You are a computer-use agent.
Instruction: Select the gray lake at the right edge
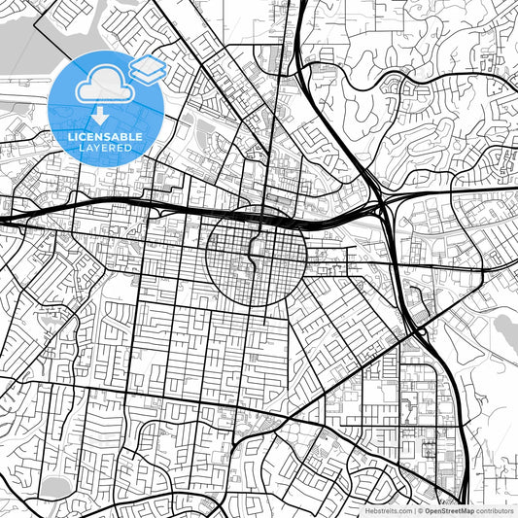pos(506,330)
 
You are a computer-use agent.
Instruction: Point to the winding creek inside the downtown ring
pos(254,255)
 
